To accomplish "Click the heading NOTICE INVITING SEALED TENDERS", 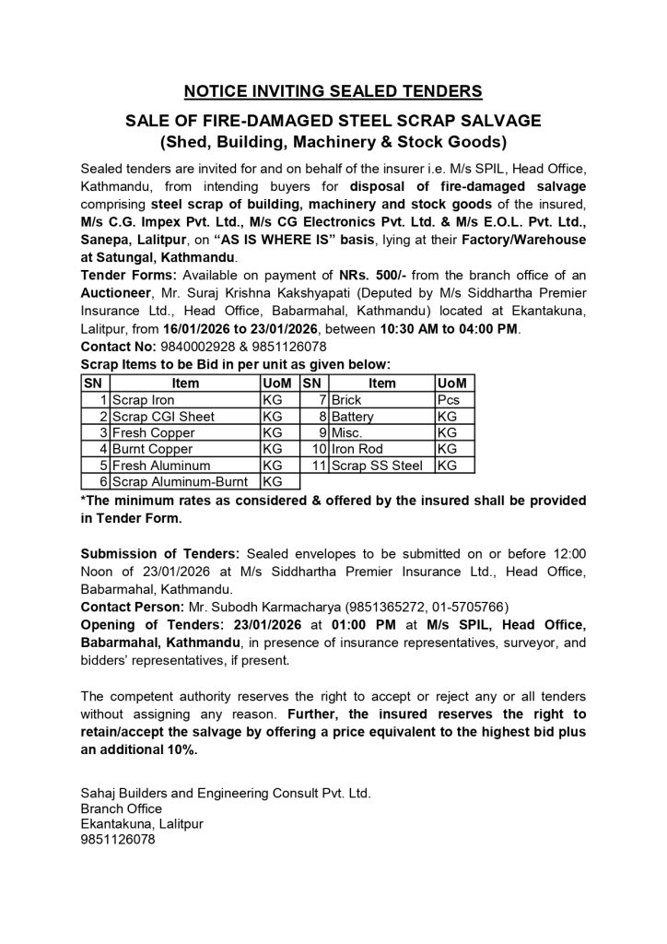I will coord(333,90).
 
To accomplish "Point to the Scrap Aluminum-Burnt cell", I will coord(184,481).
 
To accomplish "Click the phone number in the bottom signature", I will coord(118,841).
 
